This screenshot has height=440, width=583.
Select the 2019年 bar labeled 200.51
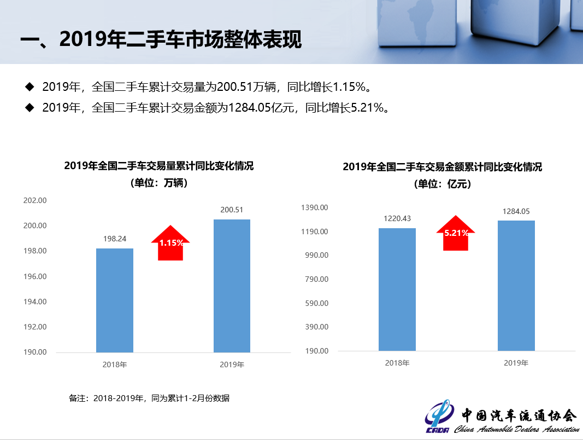point(232,286)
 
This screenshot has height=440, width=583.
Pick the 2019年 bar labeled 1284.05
point(516,285)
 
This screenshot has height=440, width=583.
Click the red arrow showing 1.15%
point(170,244)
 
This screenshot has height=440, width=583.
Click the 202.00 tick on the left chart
point(35,201)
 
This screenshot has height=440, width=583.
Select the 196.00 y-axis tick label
point(35,276)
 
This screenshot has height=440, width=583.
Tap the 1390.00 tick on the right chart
point(315,207)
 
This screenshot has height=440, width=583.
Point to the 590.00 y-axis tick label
point(316,303)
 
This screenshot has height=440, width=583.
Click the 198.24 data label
point(115,239)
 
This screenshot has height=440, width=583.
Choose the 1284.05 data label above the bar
point(516,211)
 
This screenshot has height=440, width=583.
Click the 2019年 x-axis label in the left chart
point(232,364)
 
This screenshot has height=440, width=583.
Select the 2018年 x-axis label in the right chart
point(397,363)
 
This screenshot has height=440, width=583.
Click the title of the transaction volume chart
point(159,166)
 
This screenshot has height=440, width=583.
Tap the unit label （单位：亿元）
point(442,184)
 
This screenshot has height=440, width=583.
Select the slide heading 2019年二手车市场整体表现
point(161,39)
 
